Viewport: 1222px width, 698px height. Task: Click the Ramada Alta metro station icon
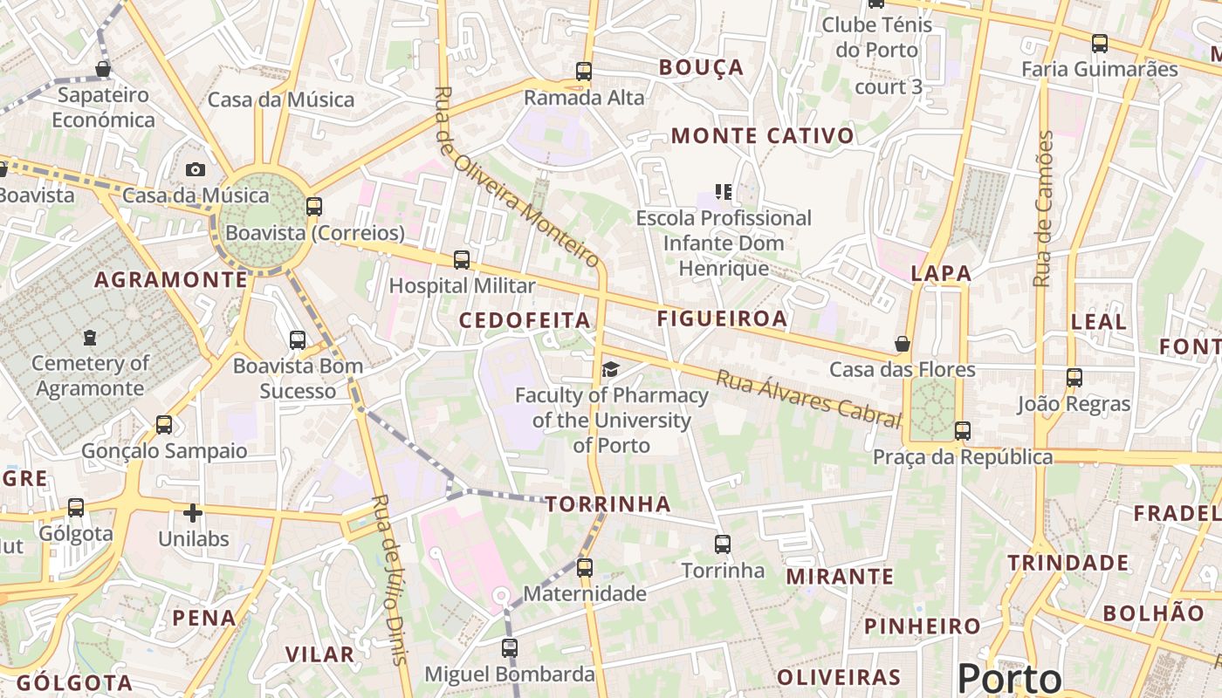click(x=584, y=72)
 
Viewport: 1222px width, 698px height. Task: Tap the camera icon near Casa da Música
click(x=196, y=169)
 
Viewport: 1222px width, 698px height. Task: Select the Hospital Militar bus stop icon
click(x=462, y=259)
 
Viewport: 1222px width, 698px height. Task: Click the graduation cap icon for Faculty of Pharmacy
click(x=610, y=370)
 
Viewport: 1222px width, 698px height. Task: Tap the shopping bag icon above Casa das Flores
click(x=903, y=345)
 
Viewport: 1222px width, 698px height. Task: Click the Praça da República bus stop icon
click(x=963, y=431)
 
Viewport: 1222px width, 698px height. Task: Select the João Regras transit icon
click(x=1074, y=378)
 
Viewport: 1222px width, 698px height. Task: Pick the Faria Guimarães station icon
click(x=1100, y=43)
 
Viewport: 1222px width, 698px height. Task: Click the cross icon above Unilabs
click(x=193, y=513)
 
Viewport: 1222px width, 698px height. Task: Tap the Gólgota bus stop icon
click(x=76, y=507)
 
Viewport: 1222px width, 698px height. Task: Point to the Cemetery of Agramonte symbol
click(x=90, y=337)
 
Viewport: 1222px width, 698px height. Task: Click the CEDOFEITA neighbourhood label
click(x=525, y=320)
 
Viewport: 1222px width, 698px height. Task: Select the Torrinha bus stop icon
click(x=723, y=544)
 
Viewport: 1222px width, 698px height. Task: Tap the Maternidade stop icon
click(x=585, y=568)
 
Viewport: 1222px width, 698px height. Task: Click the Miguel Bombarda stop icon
click(x=510, y=648)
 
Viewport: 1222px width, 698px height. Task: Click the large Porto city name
click(x=1010, y=679)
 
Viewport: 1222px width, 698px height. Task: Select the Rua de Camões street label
click(x=1043, y=209)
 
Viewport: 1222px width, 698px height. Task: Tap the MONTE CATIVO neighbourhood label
click(x=762, y=135)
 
